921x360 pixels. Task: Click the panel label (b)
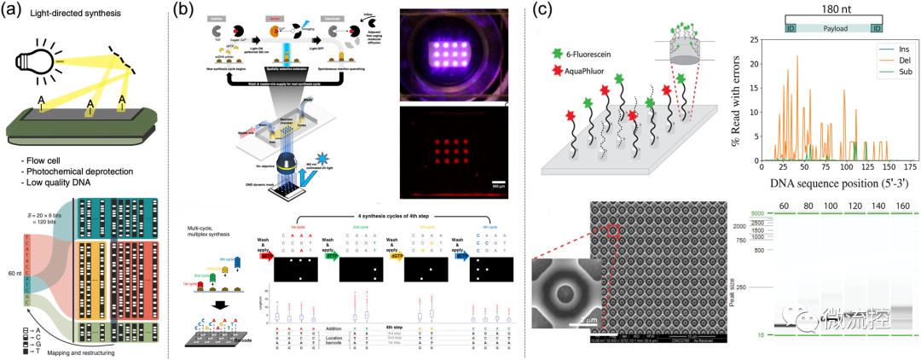[x=191, y=12]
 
